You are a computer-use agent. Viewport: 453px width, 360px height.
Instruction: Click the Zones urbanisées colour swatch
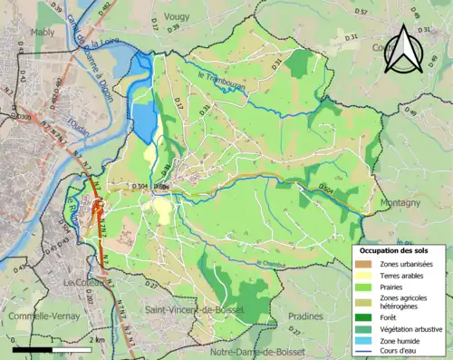tap(363, 264)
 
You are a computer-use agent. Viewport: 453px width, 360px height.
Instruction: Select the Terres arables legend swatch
tap(363, 275)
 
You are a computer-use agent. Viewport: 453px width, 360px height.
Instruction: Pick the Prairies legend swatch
tap(363, 286)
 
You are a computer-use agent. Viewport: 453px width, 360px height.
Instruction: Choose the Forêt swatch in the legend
tap(363, 318)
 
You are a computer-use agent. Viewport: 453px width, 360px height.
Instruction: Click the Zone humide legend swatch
tap(363, 340)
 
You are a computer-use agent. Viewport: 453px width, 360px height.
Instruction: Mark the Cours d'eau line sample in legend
tap(363, 351)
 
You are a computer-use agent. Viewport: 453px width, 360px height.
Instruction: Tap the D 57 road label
tap(361, 11)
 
